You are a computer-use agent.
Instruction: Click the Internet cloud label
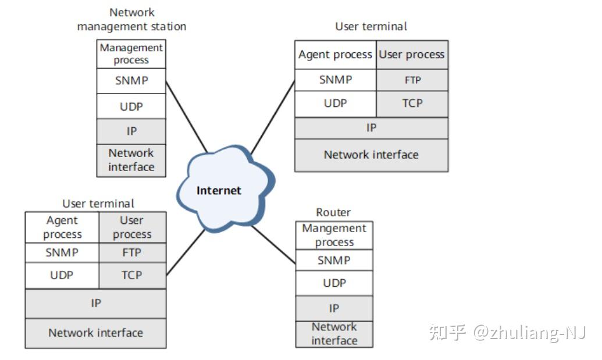pyautogui.click(x=219, y=190)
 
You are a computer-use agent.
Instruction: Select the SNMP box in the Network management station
pyautogui.click(x=131, y=81)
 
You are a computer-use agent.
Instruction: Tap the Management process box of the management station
pyautogui.click(x=131, y=54)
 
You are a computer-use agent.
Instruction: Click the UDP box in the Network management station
pyautogui.click(x=131, y=106)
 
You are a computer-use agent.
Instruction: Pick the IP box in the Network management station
pyautogui.click(x=131, y=131)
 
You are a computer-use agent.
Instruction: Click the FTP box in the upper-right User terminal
pyautogui.click(x=412, y=80)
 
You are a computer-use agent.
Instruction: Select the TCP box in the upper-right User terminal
pyautogui.click(x=412, y=104)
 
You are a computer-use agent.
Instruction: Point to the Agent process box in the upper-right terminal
pyautogui.click(x=335, y=55)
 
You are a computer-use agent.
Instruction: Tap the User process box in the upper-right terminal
pyautogui.click(x=412, y=55)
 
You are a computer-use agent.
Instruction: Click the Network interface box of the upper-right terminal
pyautogui.click(x=371, y=155)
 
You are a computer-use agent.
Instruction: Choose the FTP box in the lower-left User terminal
pyautogui.click(x=132, y=252)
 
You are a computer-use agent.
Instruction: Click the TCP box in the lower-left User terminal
pyautogui.click(x=132, y=275)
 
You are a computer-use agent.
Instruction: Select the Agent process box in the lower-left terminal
pyautogui.click(x=62, y=227)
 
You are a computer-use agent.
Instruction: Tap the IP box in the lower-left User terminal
pyautogui.click(x=95, y=303)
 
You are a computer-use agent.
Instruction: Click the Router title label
pyautogui.click(x=333, y=212)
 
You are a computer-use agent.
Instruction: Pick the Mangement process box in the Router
pyautogui.click(x=334, y=235)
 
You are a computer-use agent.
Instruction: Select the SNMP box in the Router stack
pyautogui.click(x=334, y=260)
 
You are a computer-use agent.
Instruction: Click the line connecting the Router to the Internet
pyautogui.click(x=273, y=244)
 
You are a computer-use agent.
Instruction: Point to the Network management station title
pyautogui.click(x=131, y=19)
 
